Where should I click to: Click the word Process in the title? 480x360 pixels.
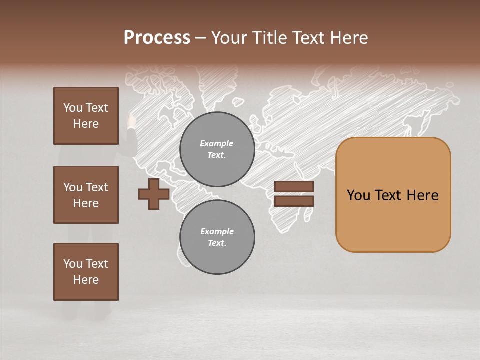point(157,38)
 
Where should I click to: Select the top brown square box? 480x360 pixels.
point(86,116)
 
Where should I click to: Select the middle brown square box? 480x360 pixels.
point(86,195)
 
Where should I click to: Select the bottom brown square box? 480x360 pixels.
point(86,272)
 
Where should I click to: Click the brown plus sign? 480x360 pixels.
point(154,194)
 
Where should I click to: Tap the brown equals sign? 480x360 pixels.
point(294,194)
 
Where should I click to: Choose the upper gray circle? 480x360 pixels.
point(217,149)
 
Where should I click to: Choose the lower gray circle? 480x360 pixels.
point(217,237)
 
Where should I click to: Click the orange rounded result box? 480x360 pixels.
point(393,195)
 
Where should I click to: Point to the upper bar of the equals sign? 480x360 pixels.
point(294,186)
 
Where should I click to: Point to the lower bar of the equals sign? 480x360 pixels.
point(294,201)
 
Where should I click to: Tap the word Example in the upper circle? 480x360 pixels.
point(216,143)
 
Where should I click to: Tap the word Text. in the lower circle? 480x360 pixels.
point(217,243)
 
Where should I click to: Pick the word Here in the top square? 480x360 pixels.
point(86,124)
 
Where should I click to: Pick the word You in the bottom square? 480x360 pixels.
point(72,264)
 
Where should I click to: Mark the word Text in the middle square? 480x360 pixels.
point(97,187)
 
